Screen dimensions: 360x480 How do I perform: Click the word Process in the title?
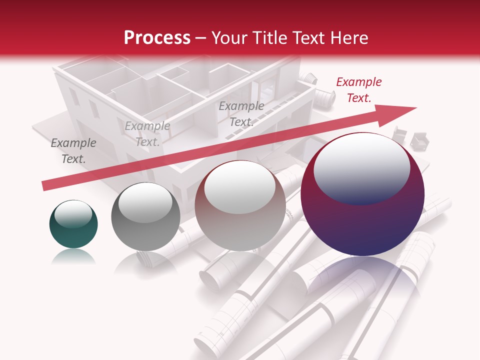(157, 38)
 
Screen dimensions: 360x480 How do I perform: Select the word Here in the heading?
(347, 38)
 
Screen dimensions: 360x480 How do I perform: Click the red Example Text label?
(358, 90)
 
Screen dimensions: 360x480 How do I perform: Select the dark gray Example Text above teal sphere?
(73, 150)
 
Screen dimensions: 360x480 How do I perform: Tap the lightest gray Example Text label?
(147, 134)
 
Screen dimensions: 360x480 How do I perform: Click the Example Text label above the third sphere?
(241, 113)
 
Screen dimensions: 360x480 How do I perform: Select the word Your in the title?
(231, 38)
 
